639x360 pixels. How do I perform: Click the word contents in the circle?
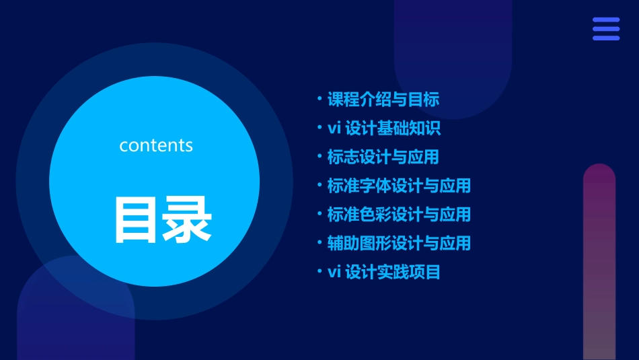pos(156,145)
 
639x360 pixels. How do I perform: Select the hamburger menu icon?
pos(606,29)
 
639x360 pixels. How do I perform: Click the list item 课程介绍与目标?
pos(383,100)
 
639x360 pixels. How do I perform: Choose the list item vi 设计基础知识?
pos(384,128)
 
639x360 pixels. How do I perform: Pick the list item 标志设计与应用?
pos(383,157)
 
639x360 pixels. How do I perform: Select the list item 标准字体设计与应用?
pos(399,186)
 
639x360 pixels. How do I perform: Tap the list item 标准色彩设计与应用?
pos(399,215)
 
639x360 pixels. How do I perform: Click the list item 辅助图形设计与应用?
pos(399,243)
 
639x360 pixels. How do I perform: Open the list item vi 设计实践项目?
pos(384,272)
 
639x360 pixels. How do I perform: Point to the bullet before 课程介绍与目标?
pos(319,99)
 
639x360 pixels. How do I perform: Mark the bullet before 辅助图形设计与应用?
pos(319,242)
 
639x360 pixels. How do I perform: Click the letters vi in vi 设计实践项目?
pos(334,272)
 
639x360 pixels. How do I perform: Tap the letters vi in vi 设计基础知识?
pos(334,128)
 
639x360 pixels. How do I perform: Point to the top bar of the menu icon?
pos(606,20)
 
